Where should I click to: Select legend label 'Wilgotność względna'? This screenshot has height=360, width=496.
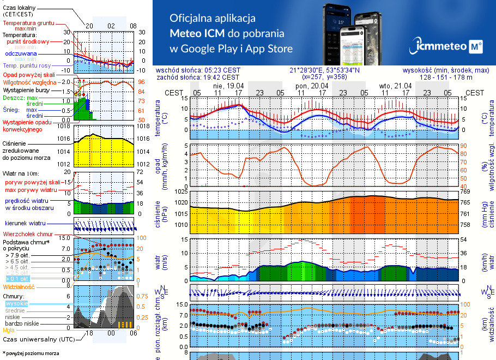point(29,82)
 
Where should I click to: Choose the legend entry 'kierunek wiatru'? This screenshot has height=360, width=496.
point(25,224)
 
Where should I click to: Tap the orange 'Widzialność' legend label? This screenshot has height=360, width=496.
point(19,286)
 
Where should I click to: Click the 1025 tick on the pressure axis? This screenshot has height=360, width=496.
point(180,192)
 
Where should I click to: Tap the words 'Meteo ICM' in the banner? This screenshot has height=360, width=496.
point(199,33)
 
